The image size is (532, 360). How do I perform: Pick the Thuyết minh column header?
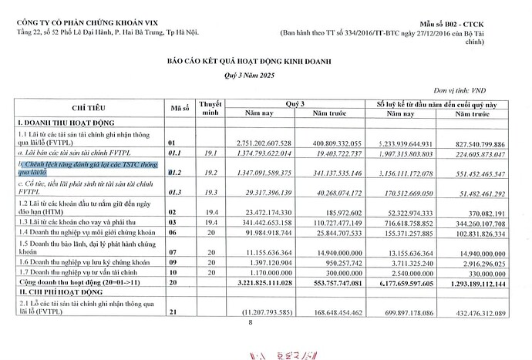point(210,107)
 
